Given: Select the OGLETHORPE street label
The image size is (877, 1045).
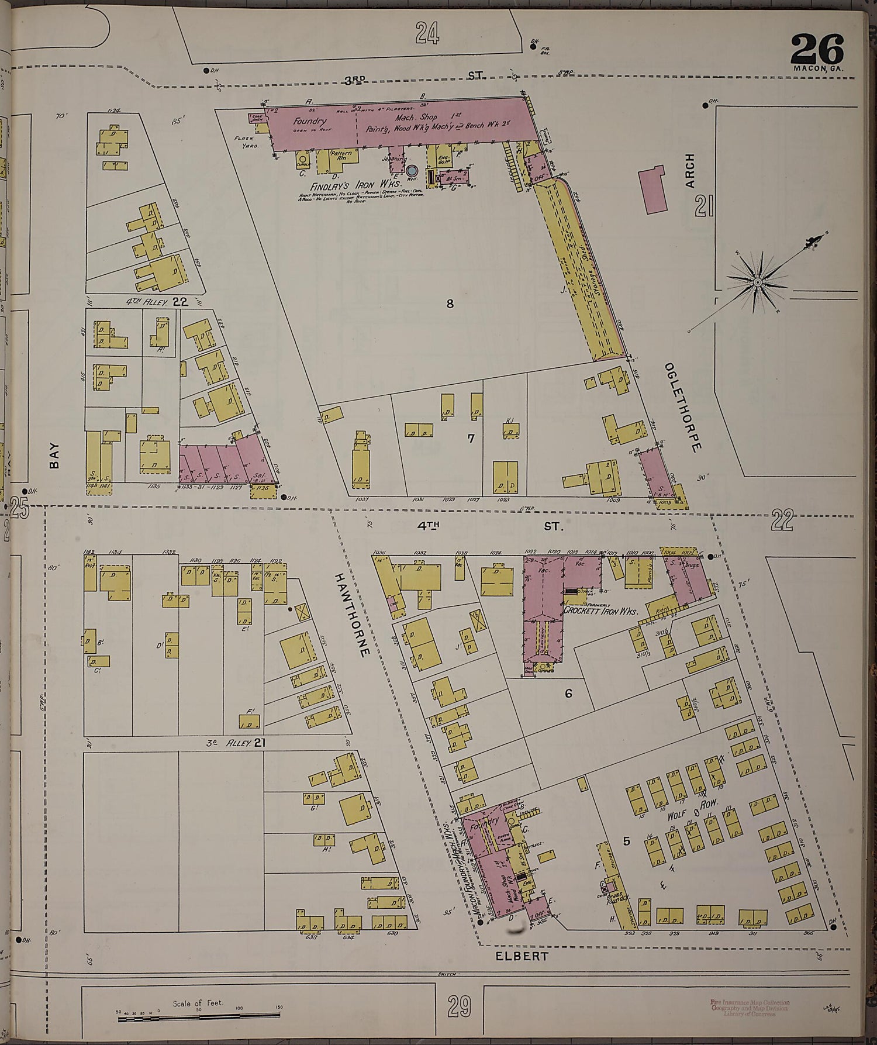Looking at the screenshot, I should pyautogui.click(x=682, y=407).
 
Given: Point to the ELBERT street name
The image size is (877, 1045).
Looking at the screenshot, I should pyautogui.click(x=513, y=956).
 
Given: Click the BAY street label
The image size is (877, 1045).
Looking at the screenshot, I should pyautogui.click(x=55, y=455).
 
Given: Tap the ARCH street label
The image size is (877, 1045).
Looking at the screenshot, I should pyautogui.click(x=690, y=170).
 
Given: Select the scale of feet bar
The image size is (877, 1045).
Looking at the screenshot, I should pyautogui.click(x=199, y=1019).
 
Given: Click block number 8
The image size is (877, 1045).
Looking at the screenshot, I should pyautogui.click(x=450, y=303).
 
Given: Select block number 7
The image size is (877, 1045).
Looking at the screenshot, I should pyautogui.click(x=471, y=437).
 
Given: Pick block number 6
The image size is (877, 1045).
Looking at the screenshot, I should pyautogui.click(x=567, y=694).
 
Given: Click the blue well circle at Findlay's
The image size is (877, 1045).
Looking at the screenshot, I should pyautogui.click(x=412, y=171).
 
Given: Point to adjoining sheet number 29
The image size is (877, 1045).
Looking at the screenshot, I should pyautogui.click(x=459, y=1006).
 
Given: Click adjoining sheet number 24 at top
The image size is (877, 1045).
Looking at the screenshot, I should pyautogui.click(x=427, y=33).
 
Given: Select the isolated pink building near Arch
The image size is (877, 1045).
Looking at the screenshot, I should pyautogui.click(x=654, y=189).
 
